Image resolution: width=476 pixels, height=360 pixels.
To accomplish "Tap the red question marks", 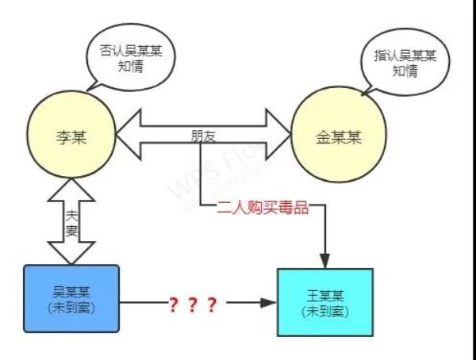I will point(190,303).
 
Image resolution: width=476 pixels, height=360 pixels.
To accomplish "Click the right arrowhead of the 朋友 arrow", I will point(280,134).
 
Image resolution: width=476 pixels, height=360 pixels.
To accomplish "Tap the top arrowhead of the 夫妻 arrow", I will point(71,190).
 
